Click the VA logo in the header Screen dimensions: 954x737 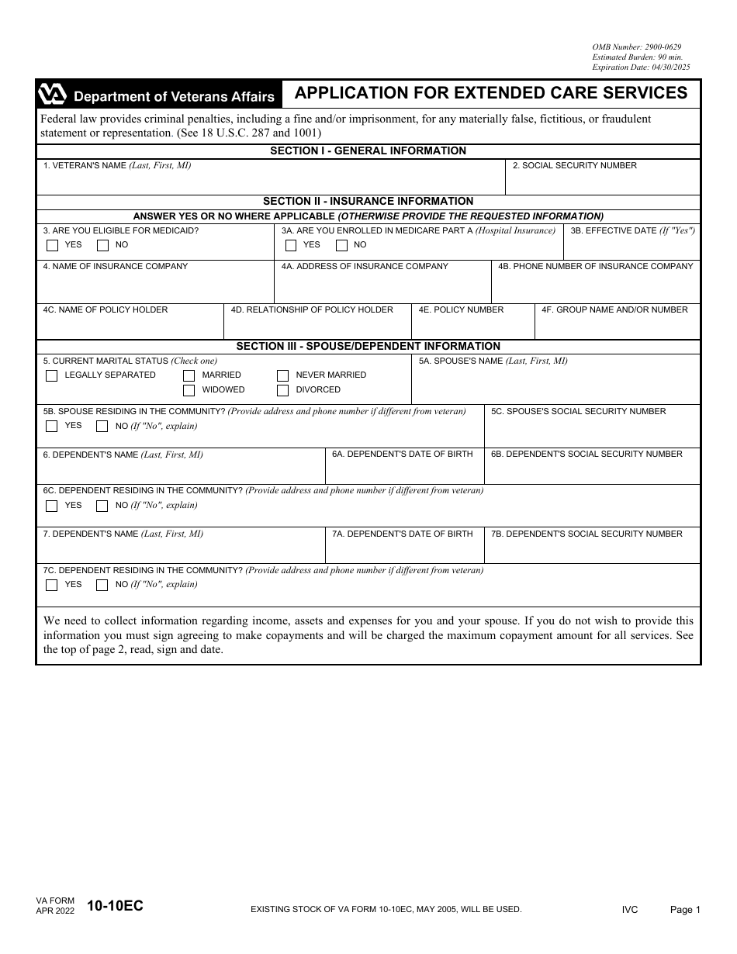coord(52,95)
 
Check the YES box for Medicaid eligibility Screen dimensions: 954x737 coord(53,246)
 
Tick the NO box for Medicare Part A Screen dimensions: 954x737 coord(341,246)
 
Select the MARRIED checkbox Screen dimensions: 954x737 coord(189,375)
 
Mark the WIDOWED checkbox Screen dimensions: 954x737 coord(189,390)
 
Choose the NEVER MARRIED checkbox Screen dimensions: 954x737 coord(283,375)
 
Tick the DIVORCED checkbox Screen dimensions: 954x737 coord(283,390)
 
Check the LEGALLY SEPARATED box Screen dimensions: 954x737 coord(52,375)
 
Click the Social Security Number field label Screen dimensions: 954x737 coord(574,165)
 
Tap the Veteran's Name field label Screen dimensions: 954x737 coord(117,165)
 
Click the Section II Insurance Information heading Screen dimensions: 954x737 coord(368,201)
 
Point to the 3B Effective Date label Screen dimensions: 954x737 coord(632,230)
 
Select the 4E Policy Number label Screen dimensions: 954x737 coord(461,309)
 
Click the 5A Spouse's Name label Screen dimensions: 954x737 coord(493,361)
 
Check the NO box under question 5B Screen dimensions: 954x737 coord(102,426)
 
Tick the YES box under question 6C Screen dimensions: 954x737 coord(52,506)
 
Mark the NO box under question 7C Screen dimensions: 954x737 coord(102,586)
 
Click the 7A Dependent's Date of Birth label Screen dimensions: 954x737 coord(402,534)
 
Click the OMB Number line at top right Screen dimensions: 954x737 coord(636,47)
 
